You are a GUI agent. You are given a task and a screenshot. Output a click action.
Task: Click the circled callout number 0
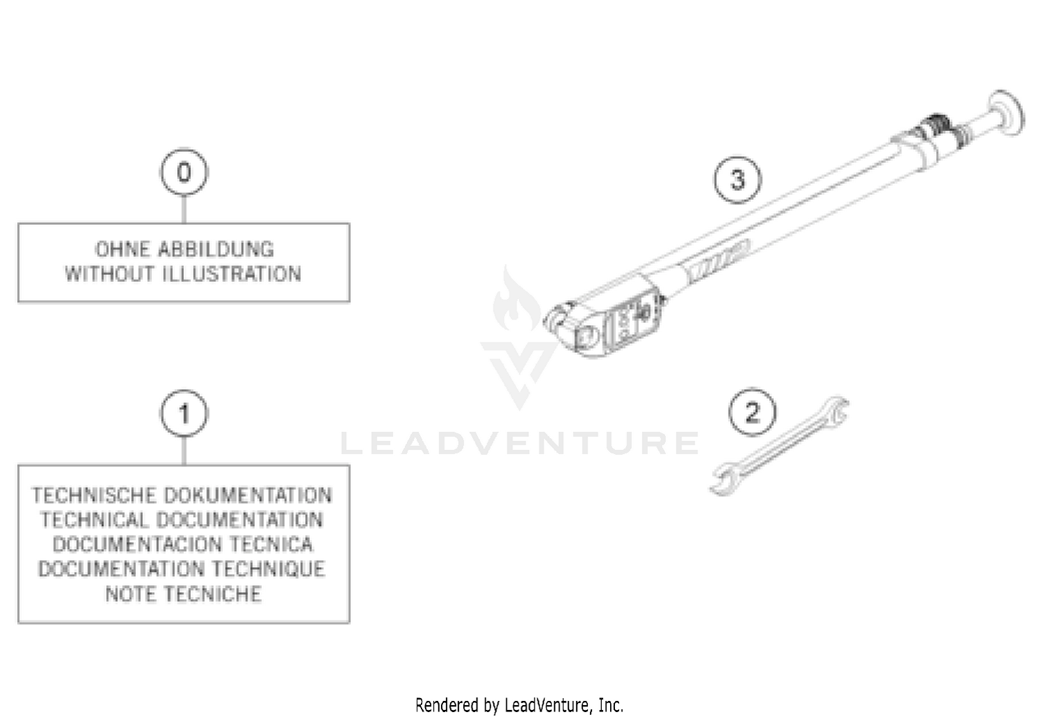coord(184,172)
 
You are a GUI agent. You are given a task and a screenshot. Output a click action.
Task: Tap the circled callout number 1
coord(184,414)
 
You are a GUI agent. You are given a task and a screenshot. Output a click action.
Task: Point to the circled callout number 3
coord(738,180)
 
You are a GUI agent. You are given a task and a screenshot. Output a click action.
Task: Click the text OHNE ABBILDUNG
coord(184,250)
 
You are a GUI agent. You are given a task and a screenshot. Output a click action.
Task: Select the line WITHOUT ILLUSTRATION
coord(184,274)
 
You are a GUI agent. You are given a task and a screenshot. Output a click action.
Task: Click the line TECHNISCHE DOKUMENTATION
coord(182,495)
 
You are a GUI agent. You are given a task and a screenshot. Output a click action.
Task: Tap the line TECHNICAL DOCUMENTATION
coord(182,520)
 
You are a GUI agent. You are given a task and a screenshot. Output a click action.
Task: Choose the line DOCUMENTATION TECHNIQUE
coord(182,569)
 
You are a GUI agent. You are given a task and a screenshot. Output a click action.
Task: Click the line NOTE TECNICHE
coord(184,594)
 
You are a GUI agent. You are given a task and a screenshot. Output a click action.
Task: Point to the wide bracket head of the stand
coord(589,326)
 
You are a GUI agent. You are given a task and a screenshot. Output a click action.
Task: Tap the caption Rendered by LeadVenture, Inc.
coord(519,705)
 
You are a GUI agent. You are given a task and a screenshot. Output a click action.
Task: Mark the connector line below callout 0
coord(184,209)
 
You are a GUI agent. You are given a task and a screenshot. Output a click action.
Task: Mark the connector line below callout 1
coord(184,451)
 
